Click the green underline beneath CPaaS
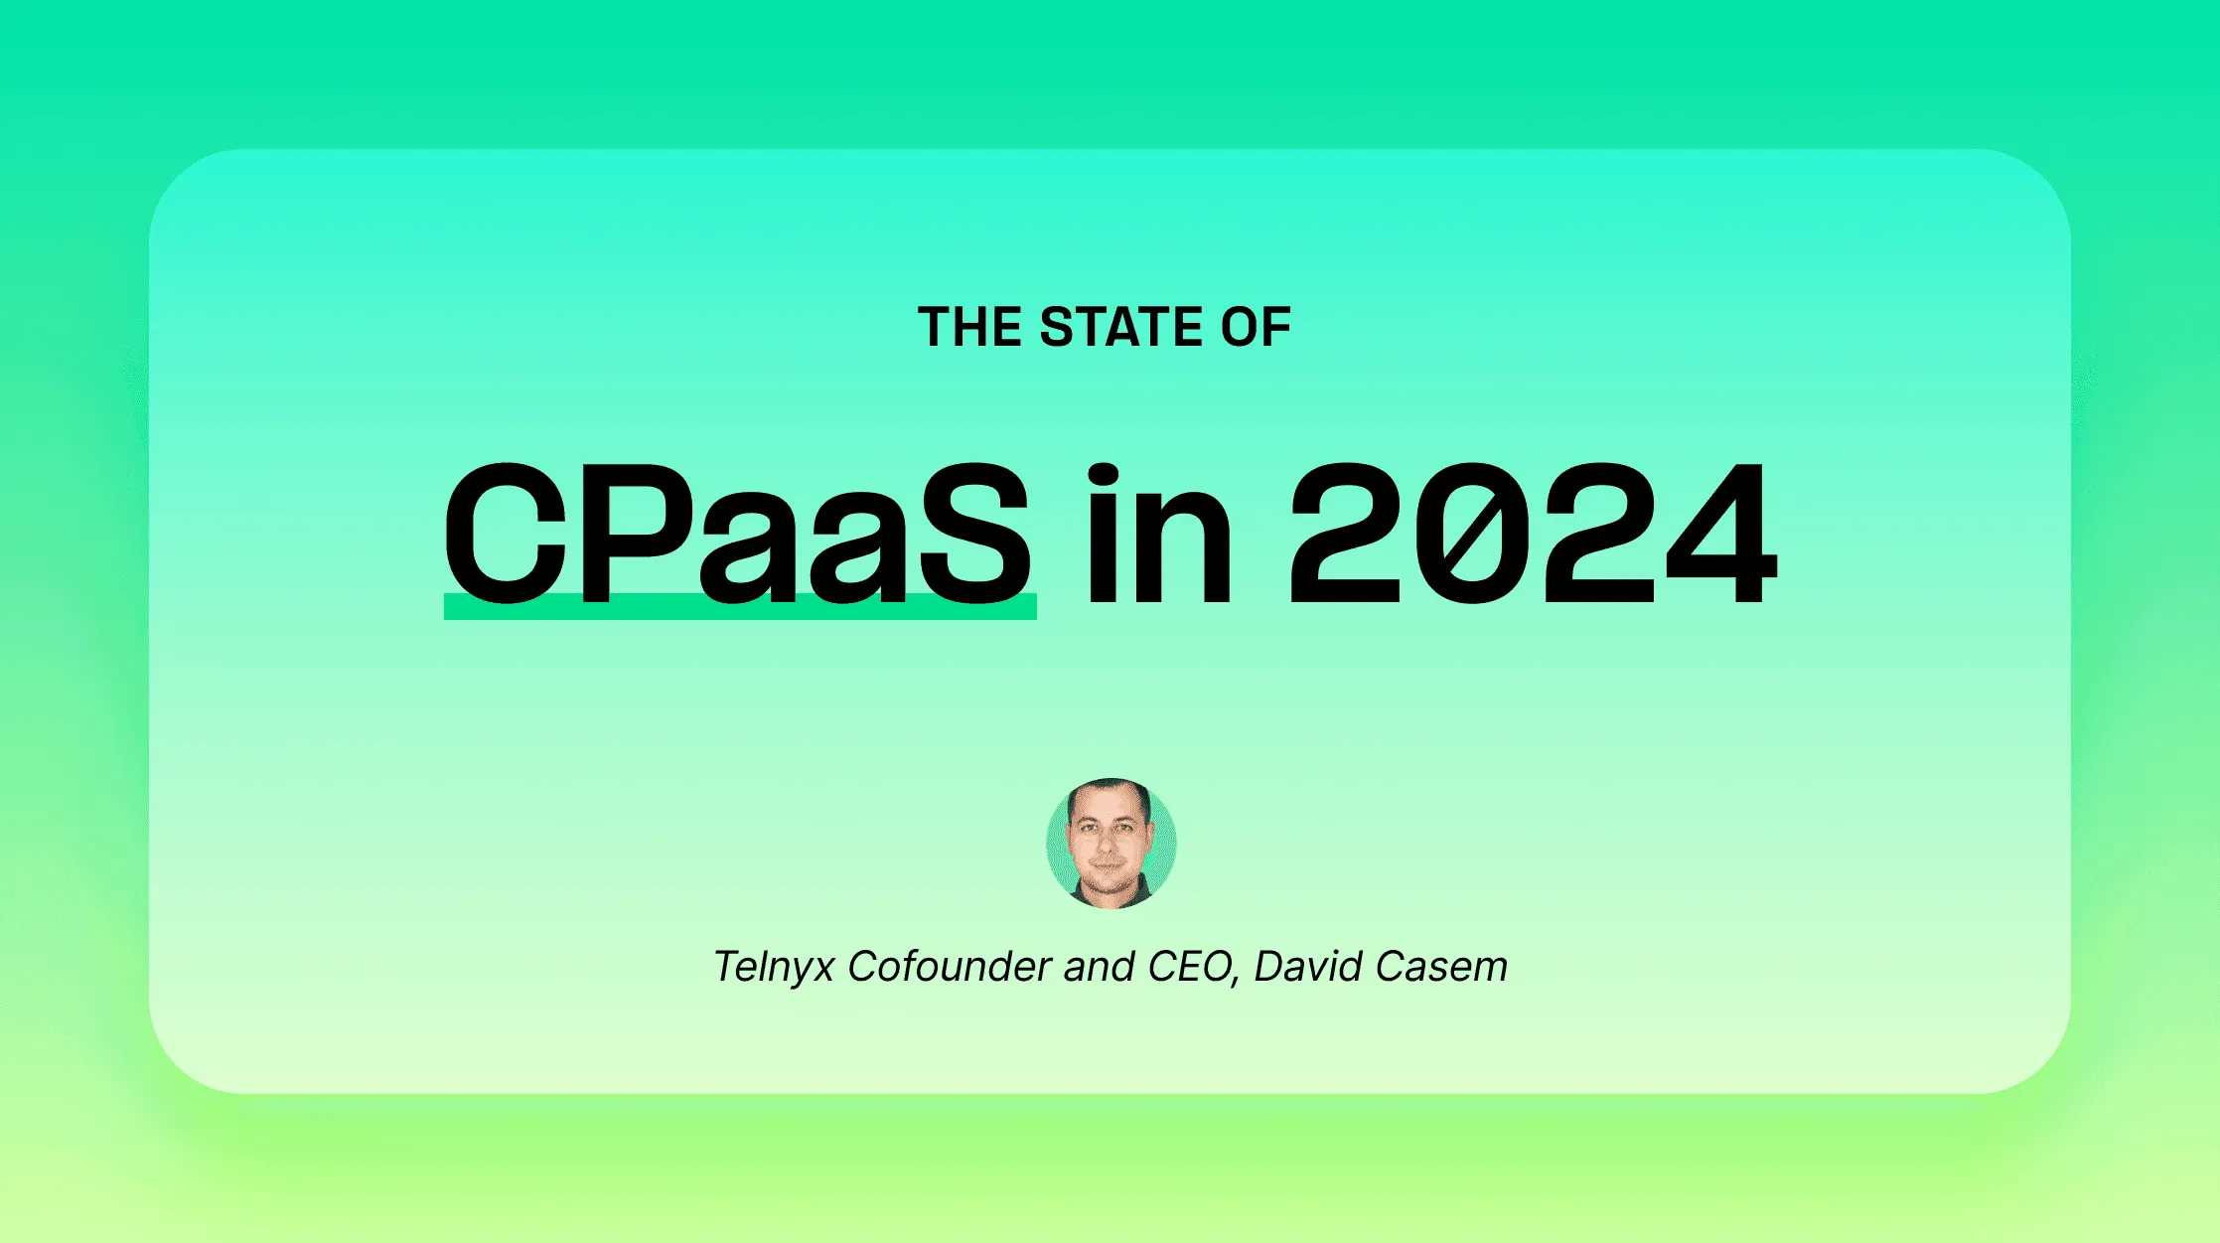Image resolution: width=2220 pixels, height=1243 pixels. [739, 607]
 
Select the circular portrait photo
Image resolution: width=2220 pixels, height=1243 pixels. [1110, 843]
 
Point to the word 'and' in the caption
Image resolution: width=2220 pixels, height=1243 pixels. [1099, 967]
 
